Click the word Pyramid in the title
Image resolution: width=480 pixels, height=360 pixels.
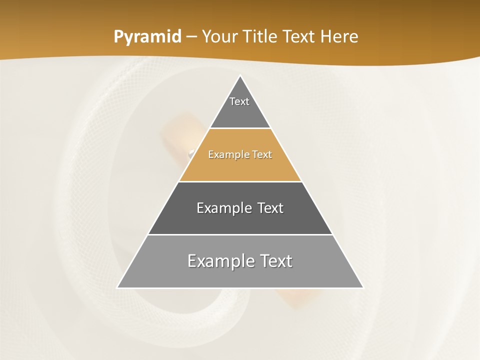pyautogui.click(x=147, y=37)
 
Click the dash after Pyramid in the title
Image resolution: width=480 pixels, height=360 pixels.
pyautogui.click(x=191, y=37)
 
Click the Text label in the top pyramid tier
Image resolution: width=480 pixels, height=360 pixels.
pyautogui.click(x=239, y=101)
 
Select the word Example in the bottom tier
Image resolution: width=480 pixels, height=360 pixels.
pyautogui.click(x=220, y=261)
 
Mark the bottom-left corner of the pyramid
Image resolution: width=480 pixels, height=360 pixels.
pyautogui.click(x=117, y=287)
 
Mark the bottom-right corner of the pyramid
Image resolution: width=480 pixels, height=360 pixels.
pyautogui.click(x=363, y=287)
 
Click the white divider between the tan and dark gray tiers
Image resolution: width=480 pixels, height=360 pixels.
pyautogui.click(x=240, y=181)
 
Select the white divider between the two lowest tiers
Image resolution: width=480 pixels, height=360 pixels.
pyautogui.click(x=240, y=234)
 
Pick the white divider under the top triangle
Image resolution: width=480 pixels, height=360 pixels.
pyautogui.click(x=240, y=128)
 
